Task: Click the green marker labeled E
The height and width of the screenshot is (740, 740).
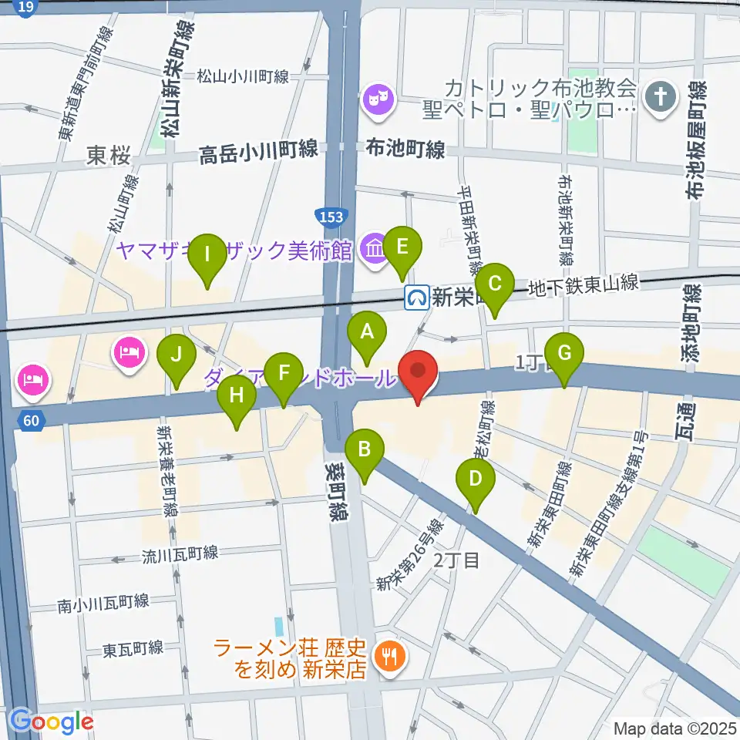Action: (x=402, y=247)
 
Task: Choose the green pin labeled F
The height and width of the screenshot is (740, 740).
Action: (x=284, y=375)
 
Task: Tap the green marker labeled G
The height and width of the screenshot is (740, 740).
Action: (x=564, y=355)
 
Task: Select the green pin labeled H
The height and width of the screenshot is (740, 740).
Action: (x=236, y=396)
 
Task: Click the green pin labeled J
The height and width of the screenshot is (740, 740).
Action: (x=177, y=356)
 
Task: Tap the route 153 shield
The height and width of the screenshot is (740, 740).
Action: (x=333, y=218)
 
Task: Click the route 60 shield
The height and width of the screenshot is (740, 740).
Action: (x=29, y=421)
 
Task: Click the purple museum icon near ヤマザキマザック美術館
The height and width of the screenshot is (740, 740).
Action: (x=375, y=249)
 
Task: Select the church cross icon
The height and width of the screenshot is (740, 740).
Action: (x=660, y=97)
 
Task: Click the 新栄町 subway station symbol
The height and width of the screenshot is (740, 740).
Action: (x=417, y=295)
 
